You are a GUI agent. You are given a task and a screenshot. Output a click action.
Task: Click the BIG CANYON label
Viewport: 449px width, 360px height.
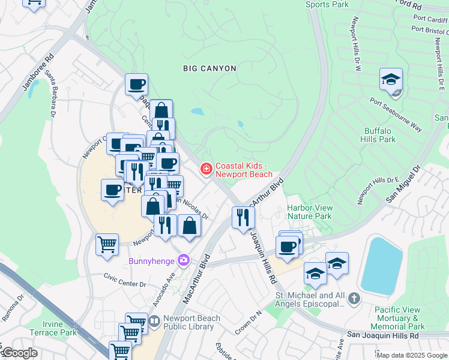[x=209, y=68]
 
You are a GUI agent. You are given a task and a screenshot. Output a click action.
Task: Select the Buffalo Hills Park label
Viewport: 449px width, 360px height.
[x=380, y=135]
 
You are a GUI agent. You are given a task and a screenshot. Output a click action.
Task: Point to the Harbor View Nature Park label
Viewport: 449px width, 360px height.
[x=309, y=212]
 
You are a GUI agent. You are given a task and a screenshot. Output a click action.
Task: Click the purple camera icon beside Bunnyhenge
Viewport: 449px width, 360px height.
[x=184, y=260]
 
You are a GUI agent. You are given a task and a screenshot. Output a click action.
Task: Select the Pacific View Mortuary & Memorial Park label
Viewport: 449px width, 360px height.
[x=399, y=318]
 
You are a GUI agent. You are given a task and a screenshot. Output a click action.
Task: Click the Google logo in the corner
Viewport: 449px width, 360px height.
[x=19, y=353]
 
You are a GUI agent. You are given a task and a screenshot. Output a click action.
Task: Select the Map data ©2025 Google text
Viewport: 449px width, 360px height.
[x=412, y=355]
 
